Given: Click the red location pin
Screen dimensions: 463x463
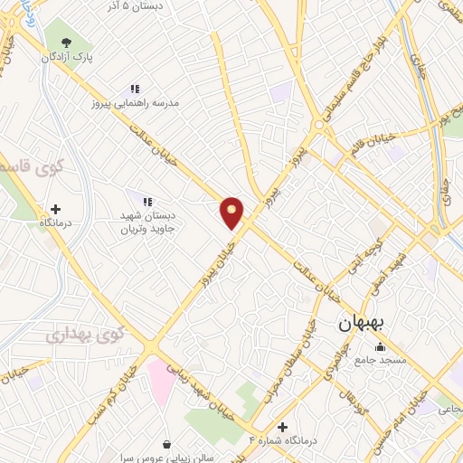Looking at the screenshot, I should [232, 212].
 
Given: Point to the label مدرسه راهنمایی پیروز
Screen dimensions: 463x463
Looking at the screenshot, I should [143, 103].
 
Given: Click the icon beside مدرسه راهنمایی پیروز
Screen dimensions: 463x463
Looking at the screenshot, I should [135, 89].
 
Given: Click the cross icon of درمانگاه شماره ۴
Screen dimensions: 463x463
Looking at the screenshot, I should [282, 427].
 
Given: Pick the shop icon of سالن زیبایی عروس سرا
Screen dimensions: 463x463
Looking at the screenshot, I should [169, 444].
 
